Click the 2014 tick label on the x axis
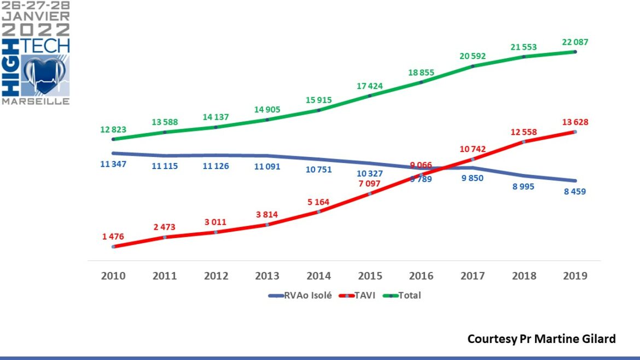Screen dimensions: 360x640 [319, 276]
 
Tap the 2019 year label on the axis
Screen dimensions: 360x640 [575, 276]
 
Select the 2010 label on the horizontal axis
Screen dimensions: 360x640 [113, 276]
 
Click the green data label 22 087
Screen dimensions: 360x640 [574, 42]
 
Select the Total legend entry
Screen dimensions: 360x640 [410, 295]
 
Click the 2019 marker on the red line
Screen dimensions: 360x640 [575, 132]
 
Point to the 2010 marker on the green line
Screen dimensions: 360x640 [113, 139]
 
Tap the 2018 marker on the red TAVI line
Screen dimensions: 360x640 [523, 142]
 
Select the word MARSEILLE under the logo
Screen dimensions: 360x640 [36, 102]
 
